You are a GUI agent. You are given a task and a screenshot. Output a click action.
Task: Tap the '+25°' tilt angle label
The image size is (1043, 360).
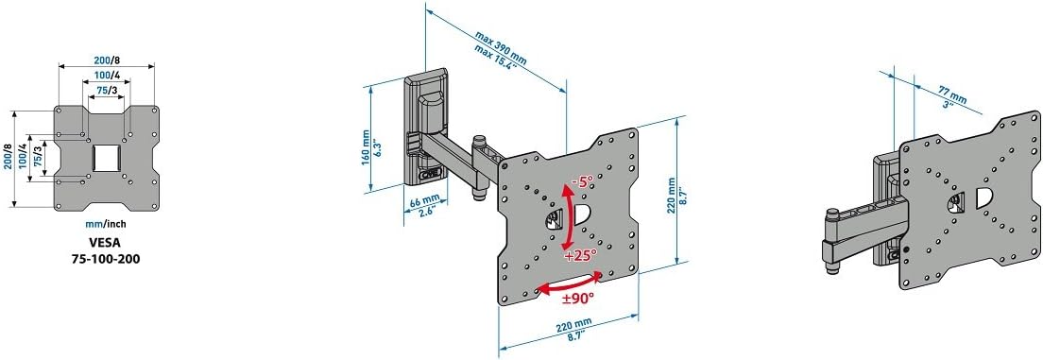[580, 256]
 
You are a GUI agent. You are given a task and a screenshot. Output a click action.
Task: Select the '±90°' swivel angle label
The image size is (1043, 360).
[578, 299]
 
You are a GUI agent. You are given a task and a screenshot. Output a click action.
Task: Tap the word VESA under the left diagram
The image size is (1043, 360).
[107, 244]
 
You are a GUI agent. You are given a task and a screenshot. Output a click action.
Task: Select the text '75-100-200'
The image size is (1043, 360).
[107, 259]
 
